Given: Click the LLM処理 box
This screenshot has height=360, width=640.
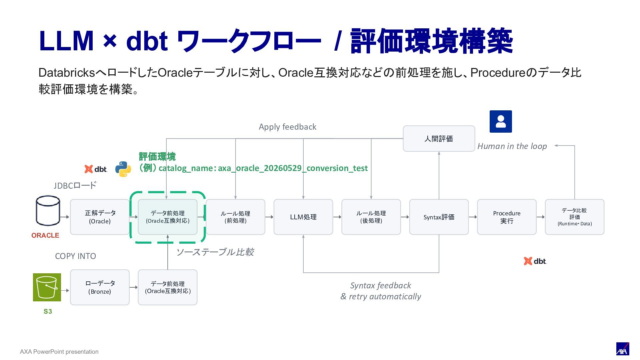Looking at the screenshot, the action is click(303, 217).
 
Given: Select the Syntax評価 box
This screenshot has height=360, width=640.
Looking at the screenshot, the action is click(439, 217).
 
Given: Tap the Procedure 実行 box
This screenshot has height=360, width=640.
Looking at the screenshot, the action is click(507, 217).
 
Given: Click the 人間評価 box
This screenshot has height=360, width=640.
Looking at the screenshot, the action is click(439, 139).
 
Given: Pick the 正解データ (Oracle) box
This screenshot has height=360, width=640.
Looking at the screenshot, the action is click(100, 217).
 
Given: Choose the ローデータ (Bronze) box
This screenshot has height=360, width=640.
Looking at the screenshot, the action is click(100, 287).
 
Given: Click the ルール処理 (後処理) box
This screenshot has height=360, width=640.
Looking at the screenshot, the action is click(371, 217).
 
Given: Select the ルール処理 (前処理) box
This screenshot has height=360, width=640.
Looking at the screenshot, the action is click(235, 217).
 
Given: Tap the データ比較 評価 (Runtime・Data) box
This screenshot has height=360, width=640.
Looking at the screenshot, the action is click(575, 217).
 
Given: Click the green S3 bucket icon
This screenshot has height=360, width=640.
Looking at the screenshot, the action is click(47, 287).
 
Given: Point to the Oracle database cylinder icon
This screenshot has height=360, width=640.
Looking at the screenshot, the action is click(48, 211).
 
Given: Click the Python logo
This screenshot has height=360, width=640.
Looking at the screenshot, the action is click(123, 169).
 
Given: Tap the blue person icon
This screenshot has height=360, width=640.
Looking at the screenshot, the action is click(501, 121).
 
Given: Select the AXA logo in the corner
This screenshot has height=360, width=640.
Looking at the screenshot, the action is click(622, 349).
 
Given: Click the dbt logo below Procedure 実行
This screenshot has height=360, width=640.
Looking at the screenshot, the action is click(535, 261).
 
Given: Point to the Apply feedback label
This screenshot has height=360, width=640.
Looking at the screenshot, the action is click(287, 127).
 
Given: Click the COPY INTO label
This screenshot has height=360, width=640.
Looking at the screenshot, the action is click(75, 256).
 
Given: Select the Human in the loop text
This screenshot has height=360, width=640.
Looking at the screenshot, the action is click(512, 146).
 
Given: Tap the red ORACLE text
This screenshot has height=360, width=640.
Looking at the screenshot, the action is click(45, 235).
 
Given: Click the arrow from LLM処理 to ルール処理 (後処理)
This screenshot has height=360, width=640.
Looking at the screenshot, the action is click(337, 217).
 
